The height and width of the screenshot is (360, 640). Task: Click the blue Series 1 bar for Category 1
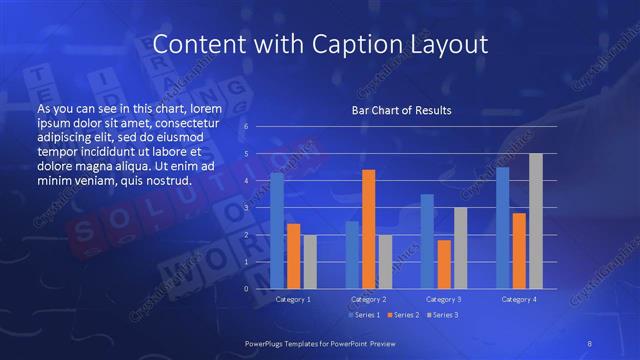tap(277, 231)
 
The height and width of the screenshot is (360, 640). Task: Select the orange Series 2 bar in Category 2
tap(368, 229)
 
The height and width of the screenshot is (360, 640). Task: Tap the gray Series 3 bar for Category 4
tap(535, 221)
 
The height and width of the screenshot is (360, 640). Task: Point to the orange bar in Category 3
tap(443, 264)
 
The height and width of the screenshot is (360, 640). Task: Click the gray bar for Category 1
tap(309, 262)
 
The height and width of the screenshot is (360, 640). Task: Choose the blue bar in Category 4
tap(502, 228)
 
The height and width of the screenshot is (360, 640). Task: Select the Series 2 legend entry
tap(402, 316)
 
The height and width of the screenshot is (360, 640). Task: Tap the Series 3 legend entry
tap(442, 316)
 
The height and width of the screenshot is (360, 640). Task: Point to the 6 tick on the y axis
tap(246, 127)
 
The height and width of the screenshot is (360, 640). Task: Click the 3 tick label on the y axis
tap(246, 208)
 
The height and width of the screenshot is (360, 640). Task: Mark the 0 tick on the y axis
tap(246, 289)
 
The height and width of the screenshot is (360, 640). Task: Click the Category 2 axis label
tap(368, 299)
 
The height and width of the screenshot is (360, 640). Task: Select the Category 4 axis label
tap(518, 299)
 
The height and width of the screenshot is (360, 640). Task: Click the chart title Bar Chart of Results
tap(401, 110)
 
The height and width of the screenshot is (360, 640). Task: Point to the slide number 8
tap(590, 343)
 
